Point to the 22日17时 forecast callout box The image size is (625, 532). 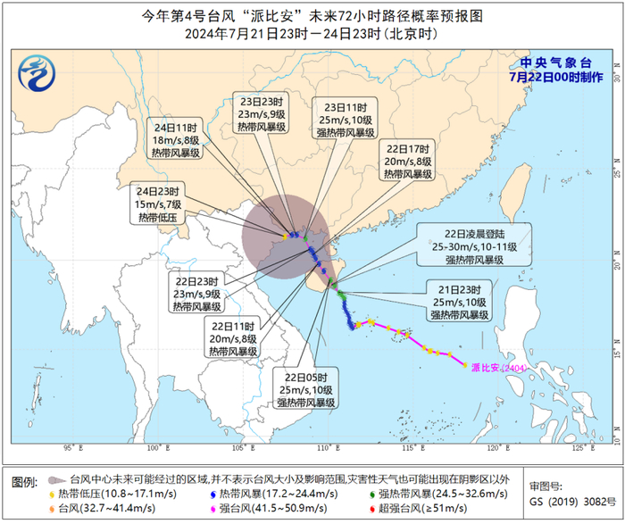[x=408, y=161]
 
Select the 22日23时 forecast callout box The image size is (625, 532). [x=197, y=294]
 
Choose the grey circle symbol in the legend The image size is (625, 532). [x=56, y=479]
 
